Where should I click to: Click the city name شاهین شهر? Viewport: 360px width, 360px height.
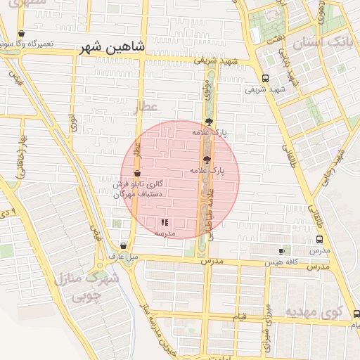[112, 48]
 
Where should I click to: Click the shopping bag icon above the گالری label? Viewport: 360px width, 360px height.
[136, 173]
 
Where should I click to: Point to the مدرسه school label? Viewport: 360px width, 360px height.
[165, 233]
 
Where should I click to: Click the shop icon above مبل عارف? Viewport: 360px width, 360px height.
[124, 246]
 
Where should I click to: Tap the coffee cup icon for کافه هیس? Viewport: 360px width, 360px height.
[282, 251]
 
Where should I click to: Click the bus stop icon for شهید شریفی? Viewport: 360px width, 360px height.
[264, 79]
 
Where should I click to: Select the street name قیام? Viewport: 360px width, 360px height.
[239, 318]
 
